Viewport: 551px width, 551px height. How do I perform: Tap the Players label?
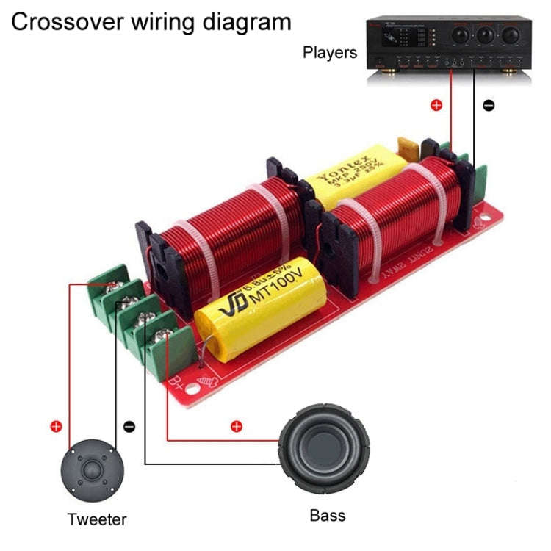pyautogui.click(x=330, y=53)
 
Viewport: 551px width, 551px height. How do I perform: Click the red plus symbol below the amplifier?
pyautogui.click(x=436, y=105)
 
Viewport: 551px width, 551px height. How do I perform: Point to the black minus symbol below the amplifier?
pyautogui.click(x=489, y=105)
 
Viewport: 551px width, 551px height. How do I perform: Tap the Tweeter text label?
pyautogui.click(x=97, y=519)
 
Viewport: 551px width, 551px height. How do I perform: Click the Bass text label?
pyautogui.click(x=327, y=514)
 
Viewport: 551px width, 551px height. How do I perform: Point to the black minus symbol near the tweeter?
pyautogui.click(x=129, y=426)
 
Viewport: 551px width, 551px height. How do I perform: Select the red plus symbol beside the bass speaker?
pyautogui.click(x=236, y=426)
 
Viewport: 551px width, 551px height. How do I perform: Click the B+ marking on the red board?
pyautogui.click(x=176, y=382)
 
